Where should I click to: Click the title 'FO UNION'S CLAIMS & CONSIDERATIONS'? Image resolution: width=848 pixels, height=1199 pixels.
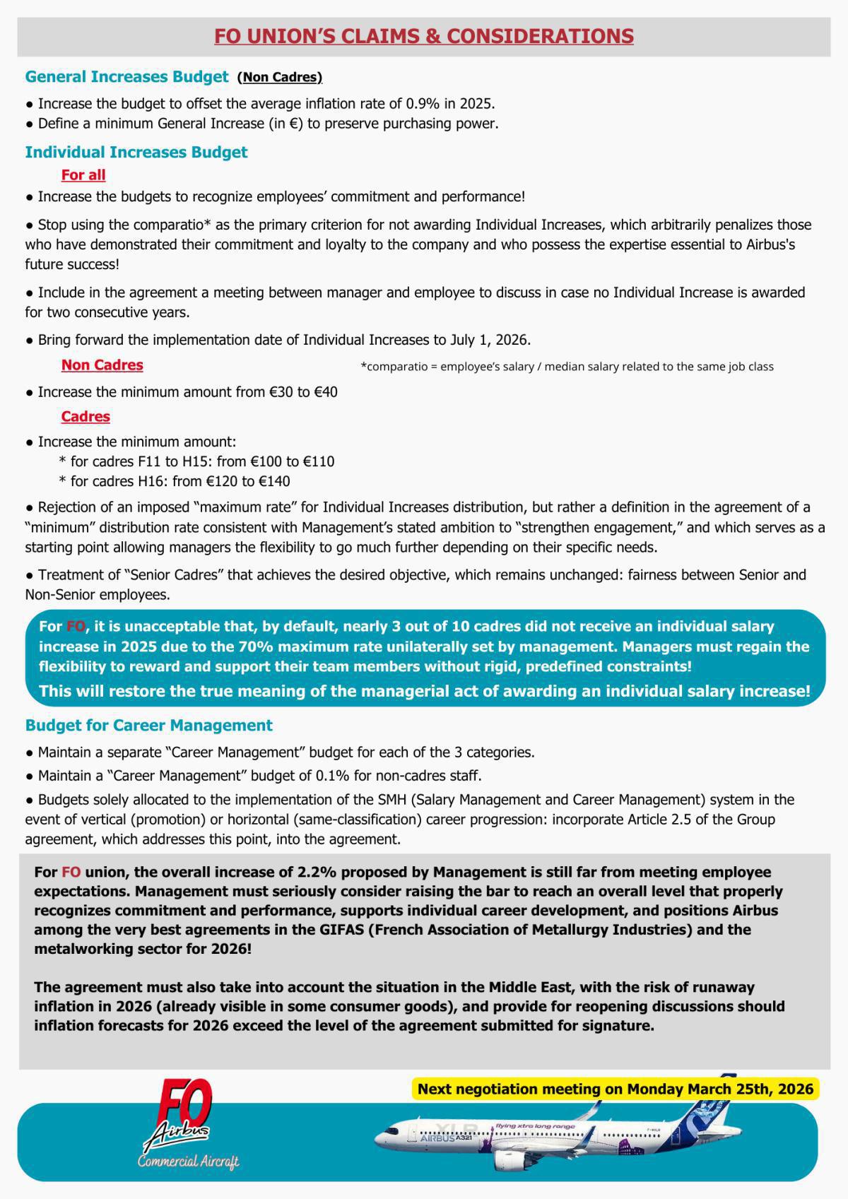point(424,36)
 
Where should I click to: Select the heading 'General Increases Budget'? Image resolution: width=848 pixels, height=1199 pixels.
point(126,77)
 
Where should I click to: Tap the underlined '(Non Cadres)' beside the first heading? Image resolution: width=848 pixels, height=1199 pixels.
point(280,78)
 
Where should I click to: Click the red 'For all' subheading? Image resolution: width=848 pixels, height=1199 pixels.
point(83,175)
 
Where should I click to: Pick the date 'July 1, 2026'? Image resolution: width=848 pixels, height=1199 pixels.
point(489,340)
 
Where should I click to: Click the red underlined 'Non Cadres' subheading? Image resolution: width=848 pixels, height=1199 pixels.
point(102,365)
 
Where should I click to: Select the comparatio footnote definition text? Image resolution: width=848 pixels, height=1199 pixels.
point(567,367)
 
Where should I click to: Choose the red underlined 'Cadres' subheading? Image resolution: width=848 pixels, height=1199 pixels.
point(86,416)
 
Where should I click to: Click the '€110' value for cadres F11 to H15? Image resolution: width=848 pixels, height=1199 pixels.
point(319,461)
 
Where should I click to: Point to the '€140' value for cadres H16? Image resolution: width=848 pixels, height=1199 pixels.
point(274,481)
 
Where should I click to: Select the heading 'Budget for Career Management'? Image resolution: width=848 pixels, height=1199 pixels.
point(148,726)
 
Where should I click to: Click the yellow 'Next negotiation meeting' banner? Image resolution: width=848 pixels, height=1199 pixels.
point(615,1089)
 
